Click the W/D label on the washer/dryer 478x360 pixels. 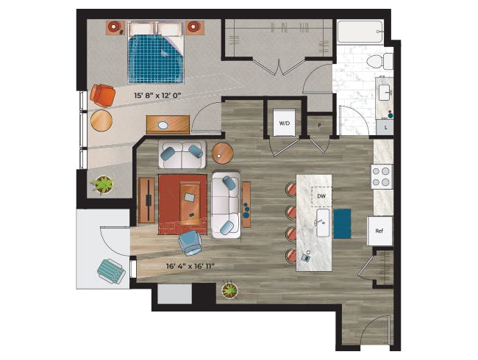point(284,123)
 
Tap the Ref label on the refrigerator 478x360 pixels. point(379,231)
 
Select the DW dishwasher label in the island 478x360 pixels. point(321,196)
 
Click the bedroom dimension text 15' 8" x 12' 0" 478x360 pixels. point(157,96)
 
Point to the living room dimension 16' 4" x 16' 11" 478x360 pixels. point(190,266)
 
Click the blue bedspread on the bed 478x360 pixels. point(156,59)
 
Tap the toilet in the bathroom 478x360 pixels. point(379,61)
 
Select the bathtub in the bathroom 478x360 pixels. point(360,32)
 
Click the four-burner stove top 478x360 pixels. point(382,176)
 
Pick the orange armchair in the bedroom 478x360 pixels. point(102,96)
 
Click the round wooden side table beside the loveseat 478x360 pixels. point(223,154)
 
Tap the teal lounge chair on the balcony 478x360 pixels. point(111,271)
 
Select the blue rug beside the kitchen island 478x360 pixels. point(342,223)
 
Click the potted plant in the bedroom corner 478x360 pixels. point(104,185)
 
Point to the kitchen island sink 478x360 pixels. point(323,223)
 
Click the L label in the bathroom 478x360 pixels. point(385,128)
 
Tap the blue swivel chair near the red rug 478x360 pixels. point(190,242)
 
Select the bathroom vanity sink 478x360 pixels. point(385,93)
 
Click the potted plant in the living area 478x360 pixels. point(229,290)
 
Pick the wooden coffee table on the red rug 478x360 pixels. point(190,204)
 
